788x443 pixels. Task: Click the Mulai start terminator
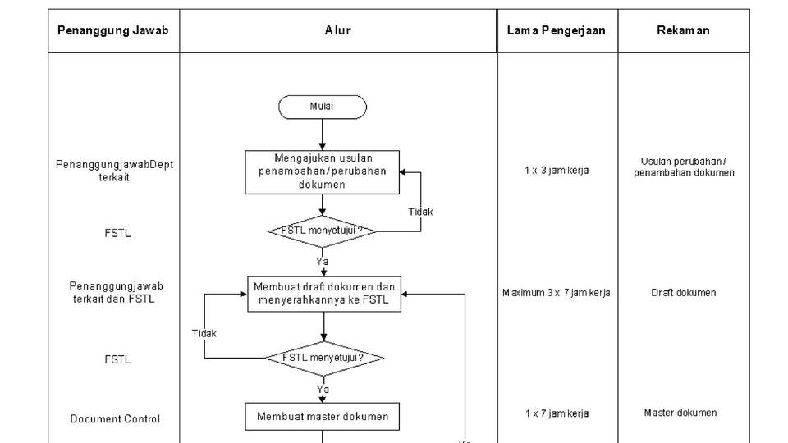[322, 107]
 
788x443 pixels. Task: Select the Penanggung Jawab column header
[112, 30]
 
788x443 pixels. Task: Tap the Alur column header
[337, 30]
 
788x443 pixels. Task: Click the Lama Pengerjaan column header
[557, 30]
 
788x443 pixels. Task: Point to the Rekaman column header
[683, 30]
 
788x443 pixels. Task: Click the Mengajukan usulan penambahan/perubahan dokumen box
[322, 171]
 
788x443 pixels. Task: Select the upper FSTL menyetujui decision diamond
[322, 231]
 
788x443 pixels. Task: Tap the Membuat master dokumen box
[323, 416]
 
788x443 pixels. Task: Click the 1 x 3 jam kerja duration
[557, 171]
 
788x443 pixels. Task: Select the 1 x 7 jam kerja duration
[557, 413]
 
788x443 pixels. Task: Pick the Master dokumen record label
[680, 413]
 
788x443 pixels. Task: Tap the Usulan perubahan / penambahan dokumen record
[683, 167]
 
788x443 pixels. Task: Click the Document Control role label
[115, 419]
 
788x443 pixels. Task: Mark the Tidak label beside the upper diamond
[420, 212]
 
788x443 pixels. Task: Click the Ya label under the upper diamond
[322, 261]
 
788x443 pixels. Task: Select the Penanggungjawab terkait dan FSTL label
[116, 292]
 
